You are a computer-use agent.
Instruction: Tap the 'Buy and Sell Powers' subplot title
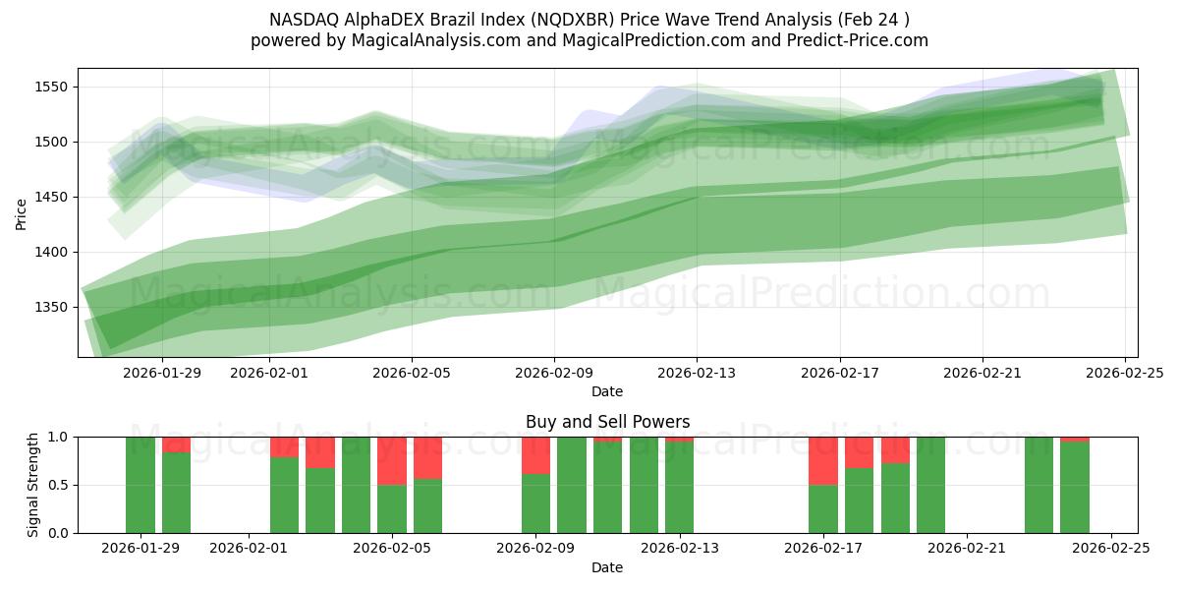(607, 422)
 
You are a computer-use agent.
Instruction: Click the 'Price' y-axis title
(22, 212)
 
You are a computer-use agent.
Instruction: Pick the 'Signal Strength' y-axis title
(33, 485)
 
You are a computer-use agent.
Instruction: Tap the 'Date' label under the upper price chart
(607, 391)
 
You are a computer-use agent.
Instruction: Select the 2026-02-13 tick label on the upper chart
(697, 373)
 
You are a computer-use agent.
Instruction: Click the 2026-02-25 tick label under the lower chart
(1110, 549)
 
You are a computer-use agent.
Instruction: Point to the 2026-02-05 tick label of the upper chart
(411, 373)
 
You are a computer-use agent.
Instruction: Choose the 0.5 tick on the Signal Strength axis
(57, 485)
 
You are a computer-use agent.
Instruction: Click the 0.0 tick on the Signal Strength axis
(57, 533)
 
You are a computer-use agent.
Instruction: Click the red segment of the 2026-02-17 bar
(822, 460)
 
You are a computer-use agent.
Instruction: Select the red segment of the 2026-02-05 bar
(392, 460)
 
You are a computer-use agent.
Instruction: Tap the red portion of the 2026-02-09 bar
(535, 455)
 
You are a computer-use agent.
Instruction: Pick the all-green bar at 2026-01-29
(140, 485)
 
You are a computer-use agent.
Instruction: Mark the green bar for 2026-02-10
(572, 485)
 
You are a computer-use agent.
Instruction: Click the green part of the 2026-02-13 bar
(679, 488)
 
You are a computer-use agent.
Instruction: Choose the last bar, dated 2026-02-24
(1074, 488)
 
